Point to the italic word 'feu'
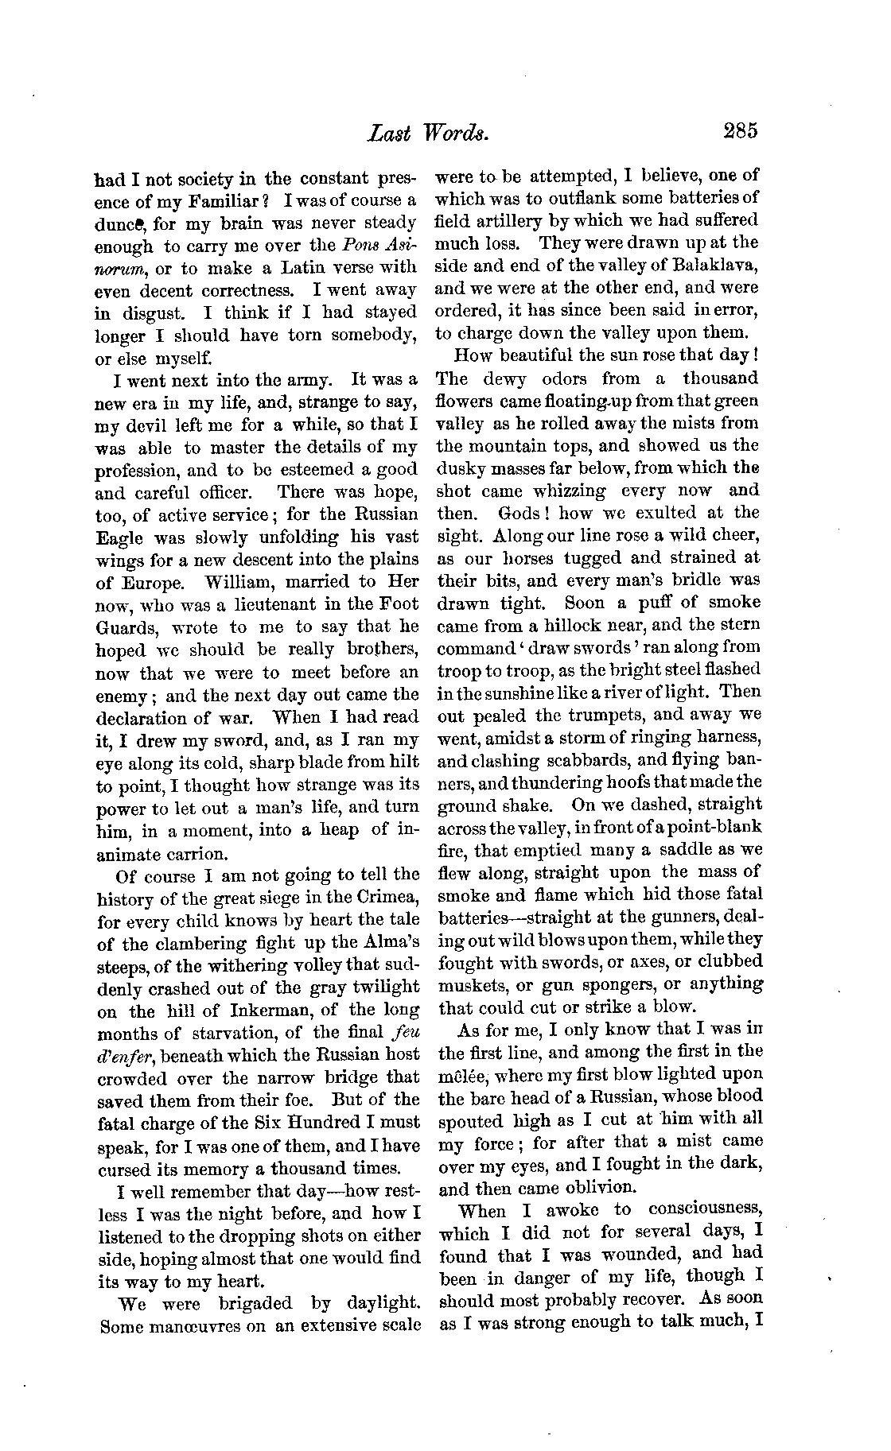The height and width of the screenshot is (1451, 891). (x=405, y=1034)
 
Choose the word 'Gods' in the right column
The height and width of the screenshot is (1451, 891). (x=519, y=514)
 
